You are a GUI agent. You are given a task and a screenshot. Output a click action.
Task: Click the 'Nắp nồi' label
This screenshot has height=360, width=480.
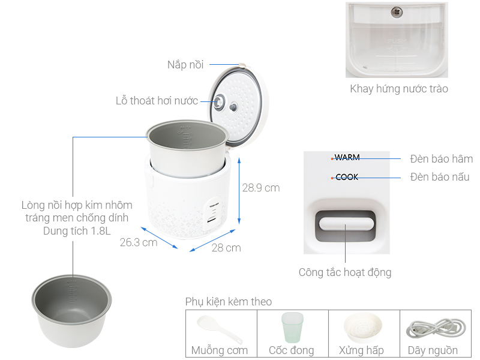tap(185, 65)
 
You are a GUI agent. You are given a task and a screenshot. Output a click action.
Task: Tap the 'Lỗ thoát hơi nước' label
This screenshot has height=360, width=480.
tap(157, 101)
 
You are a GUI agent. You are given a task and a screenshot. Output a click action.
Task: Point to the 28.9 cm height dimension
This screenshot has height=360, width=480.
tap(261, 188)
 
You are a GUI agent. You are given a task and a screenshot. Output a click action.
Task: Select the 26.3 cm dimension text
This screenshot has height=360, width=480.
tap(139, 242)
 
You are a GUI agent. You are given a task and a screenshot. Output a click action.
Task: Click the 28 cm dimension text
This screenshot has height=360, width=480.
tap(226, 248)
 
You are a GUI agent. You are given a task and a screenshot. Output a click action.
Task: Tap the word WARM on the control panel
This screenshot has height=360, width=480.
tap(347, 157)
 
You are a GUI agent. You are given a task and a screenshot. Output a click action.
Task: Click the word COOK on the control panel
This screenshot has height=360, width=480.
tap(347, 177)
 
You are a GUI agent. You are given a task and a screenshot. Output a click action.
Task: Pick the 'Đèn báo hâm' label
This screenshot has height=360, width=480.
tap(441, 159)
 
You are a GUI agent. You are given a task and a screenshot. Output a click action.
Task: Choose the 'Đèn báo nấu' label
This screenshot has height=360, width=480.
tap(440, 177)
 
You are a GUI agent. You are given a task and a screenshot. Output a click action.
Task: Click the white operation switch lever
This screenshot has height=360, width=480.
tap(346, 223)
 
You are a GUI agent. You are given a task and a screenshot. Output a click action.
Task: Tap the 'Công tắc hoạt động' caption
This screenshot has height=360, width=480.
tap(345, 272)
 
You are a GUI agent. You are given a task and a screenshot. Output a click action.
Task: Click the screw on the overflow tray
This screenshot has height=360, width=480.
tap(397, 12)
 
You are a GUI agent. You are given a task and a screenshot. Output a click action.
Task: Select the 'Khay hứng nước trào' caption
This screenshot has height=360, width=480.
tap(399, 88)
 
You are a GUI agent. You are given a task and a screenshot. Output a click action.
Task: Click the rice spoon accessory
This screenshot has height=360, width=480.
tap(220, 329)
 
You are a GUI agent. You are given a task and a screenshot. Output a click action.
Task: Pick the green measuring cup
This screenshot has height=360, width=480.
tap(292, 327)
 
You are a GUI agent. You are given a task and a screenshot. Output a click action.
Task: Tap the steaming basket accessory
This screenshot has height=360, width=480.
tap(363, 328)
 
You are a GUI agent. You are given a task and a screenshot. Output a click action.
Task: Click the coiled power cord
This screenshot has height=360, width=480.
tap(436, 328)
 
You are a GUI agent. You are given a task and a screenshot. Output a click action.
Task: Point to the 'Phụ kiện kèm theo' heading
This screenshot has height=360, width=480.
tap(229, 302)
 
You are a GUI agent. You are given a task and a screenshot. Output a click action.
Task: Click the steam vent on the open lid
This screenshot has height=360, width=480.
tap(218, 102)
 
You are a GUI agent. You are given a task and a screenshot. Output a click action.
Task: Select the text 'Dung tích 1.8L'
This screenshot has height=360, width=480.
tap(77, 231)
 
